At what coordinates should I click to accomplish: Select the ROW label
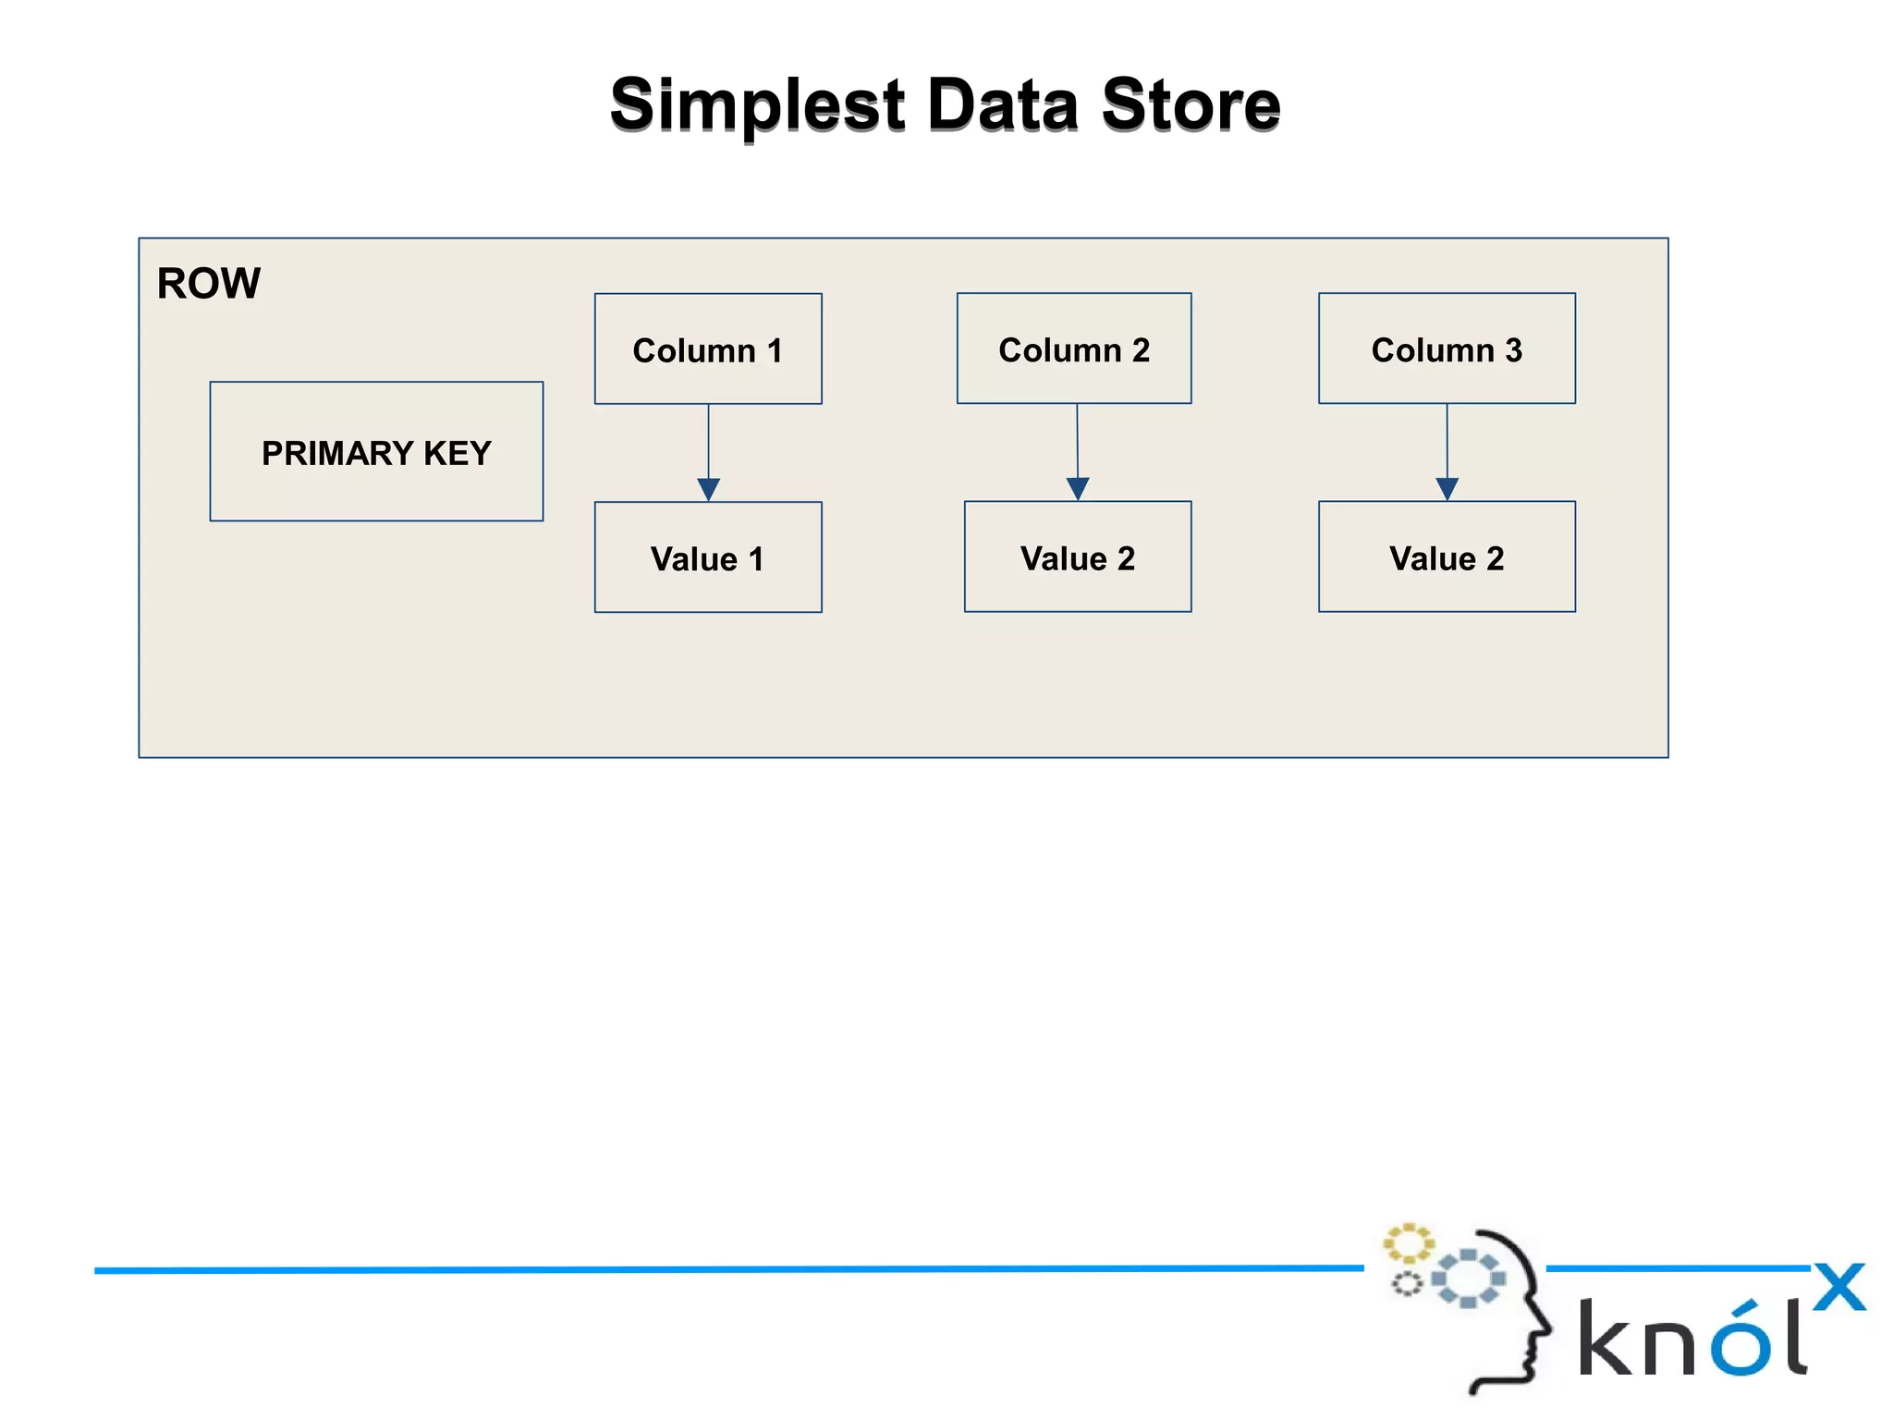pos(208,283)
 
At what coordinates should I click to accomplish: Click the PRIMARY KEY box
pos(376,452)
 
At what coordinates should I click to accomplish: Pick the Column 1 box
pos(708,349)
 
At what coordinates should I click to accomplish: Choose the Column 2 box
pos(1074,349)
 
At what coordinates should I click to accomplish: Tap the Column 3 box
pos(1447,349)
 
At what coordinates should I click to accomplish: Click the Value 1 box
pos(708,557)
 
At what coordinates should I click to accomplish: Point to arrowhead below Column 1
pos(709,489)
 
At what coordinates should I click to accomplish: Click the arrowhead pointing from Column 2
pos(1078,488)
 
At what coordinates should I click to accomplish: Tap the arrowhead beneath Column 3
pos(1447,488)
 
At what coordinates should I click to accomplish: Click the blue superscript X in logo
pos(1838,1287)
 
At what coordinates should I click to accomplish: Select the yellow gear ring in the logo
pos(1408,1243)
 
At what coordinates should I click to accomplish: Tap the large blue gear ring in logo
pos(1468,1278)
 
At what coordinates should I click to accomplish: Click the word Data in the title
pos(1002,104)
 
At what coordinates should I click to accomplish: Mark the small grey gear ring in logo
pos(1407,1283)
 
